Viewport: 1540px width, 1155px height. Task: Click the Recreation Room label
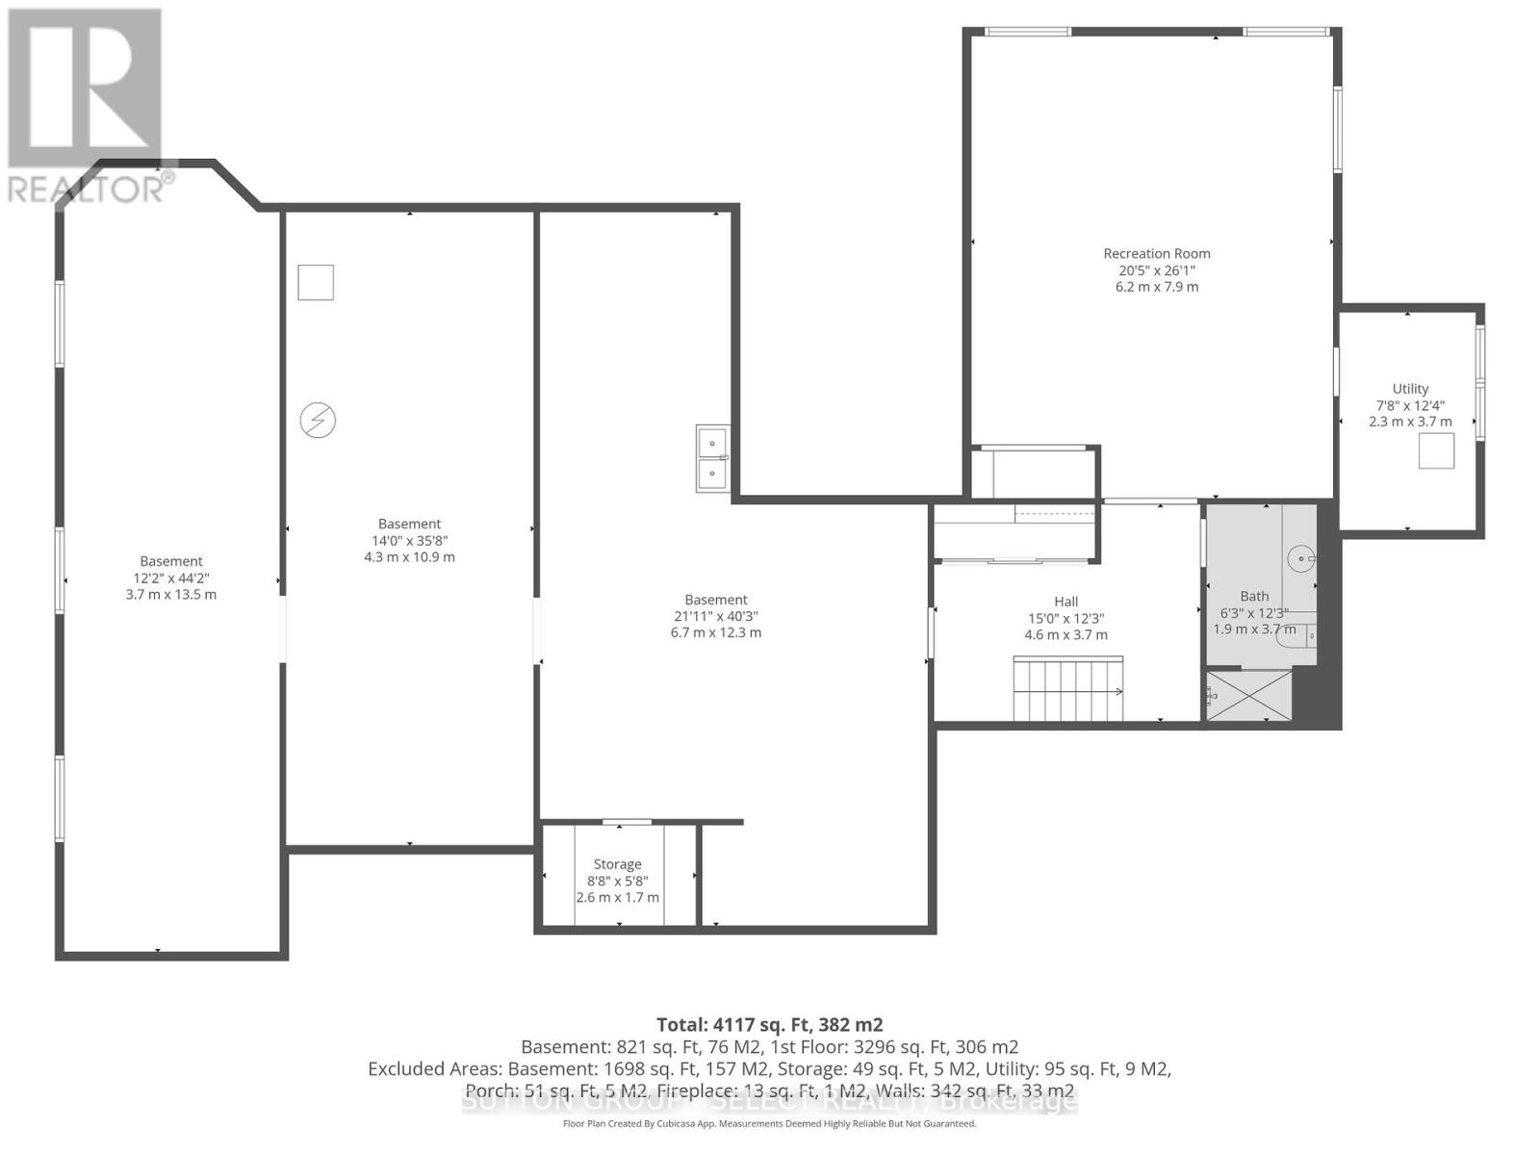click(x=1156, y=254)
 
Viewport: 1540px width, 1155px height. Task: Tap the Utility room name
click(x=1410, y=389)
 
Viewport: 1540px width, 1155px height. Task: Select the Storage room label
click(x=617, y=864)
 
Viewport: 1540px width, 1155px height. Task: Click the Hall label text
click(x=1065, y=602)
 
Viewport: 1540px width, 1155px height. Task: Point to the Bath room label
click(x=1254, y=597)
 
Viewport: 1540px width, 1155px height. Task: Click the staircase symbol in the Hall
click(x=1067, y=689)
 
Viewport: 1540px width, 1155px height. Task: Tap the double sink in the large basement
click(x=713, y=458)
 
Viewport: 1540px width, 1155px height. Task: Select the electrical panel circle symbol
click(x=318, y=420)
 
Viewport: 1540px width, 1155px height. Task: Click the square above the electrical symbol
click(x=316, y=283)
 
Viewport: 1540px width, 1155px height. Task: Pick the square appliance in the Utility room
click(x=1436, y=450)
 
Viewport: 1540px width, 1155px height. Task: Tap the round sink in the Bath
click(x=1301, y=557)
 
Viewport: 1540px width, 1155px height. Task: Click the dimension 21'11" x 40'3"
click(x=716, y=616)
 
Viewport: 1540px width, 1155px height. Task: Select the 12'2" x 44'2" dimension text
click(x=171, y=578)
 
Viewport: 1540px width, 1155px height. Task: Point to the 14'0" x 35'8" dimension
click(x=409, y=541)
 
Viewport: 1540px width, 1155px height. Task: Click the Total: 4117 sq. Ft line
click(x=769, y=1025)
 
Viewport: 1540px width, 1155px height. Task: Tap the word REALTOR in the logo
click(x=87, y=189)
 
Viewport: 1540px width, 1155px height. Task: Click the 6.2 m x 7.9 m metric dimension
click(x=1156, y=287)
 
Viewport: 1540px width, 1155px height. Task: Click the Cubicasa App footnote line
click(x=769, y=1123)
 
